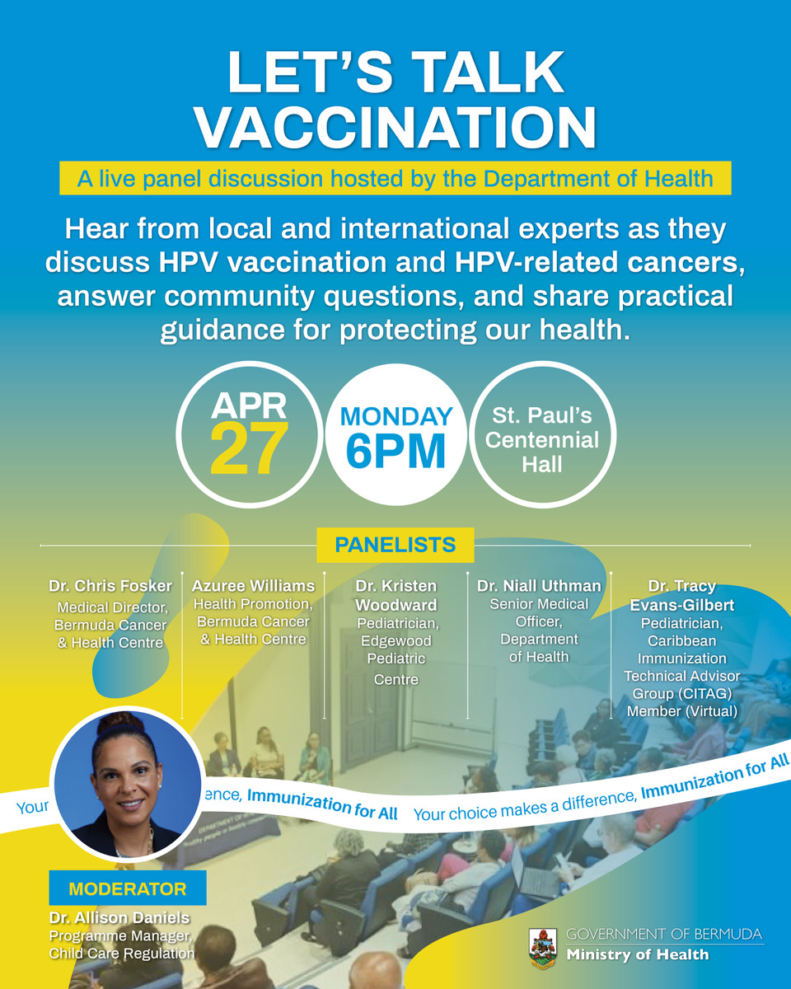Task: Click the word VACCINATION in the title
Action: [395, 127]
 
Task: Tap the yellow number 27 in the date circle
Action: [249, 448]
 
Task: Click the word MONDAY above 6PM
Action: [396, 416]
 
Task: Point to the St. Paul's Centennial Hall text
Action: [542, 440]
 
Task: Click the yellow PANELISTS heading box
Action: [395, 545]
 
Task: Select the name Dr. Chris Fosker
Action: [110, 586]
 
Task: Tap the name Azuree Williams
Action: [253, 586]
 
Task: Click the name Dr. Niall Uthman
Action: [539, 586]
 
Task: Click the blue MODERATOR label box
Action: [128, 889]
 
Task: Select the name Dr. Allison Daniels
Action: [119, 918]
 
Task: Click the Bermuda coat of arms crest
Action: [543, 949]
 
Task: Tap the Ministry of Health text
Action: [638, 954]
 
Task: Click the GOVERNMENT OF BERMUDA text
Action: [664, 935]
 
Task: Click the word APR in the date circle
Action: [249, 405]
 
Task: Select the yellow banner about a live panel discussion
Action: [395, 178]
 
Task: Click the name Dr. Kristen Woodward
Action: [396, 596]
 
